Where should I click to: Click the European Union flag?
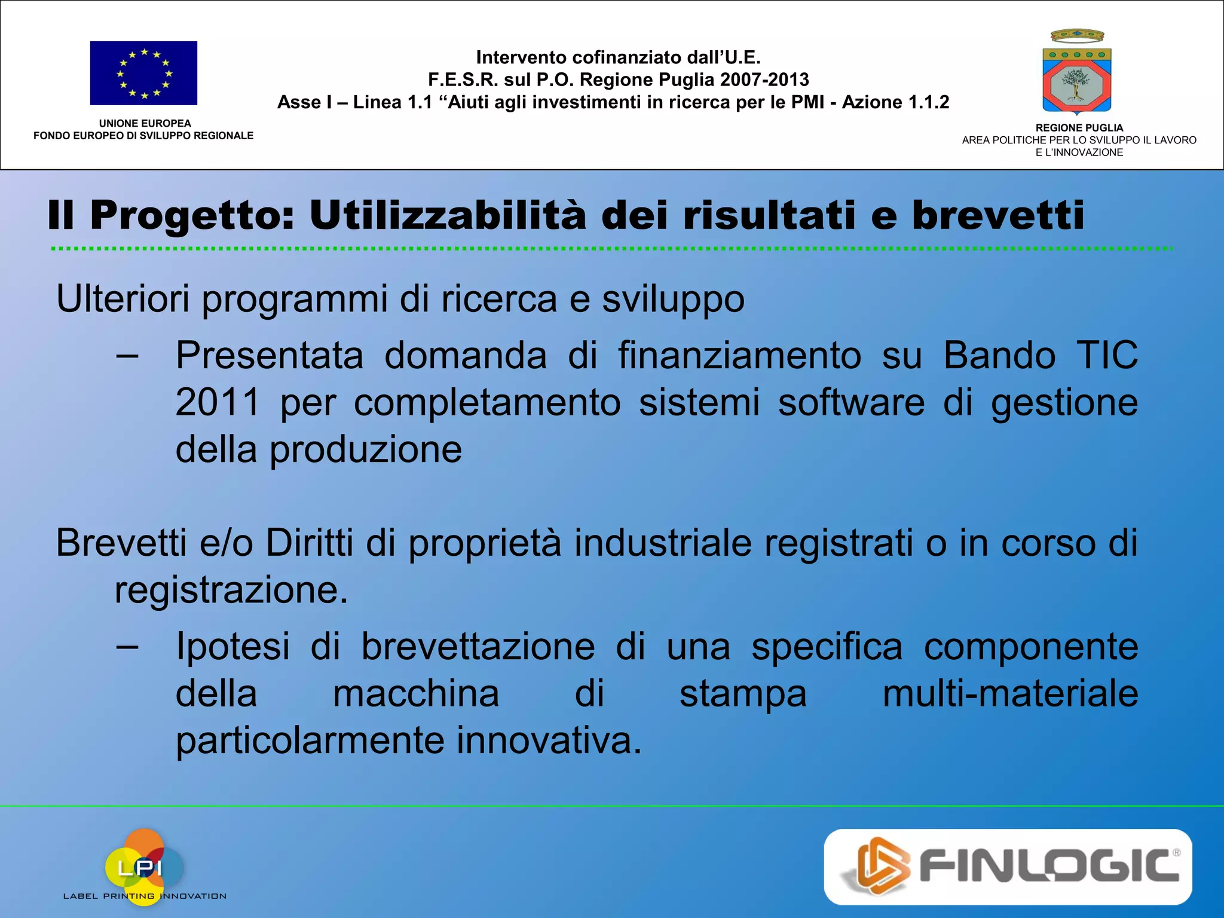143,73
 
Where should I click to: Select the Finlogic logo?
1008,866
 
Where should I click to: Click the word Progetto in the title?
192,215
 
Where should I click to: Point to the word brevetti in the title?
997,215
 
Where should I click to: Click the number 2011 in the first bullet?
218,402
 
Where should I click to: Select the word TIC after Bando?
1107,355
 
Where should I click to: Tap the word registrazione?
231,590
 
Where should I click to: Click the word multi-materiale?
1010,693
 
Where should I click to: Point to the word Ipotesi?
233,647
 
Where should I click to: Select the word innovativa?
549,740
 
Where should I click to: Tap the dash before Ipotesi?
127,647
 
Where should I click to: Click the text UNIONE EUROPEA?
145,123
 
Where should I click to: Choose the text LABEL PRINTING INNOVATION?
145,896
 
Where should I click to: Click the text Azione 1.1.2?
895,102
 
